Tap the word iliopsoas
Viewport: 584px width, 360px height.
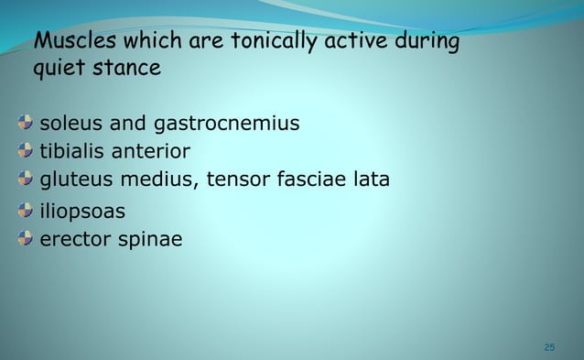point(81,212)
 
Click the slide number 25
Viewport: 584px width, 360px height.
point(549,346)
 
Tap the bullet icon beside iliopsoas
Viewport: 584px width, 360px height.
point(24,212)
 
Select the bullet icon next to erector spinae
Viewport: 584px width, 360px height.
point(24,240)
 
